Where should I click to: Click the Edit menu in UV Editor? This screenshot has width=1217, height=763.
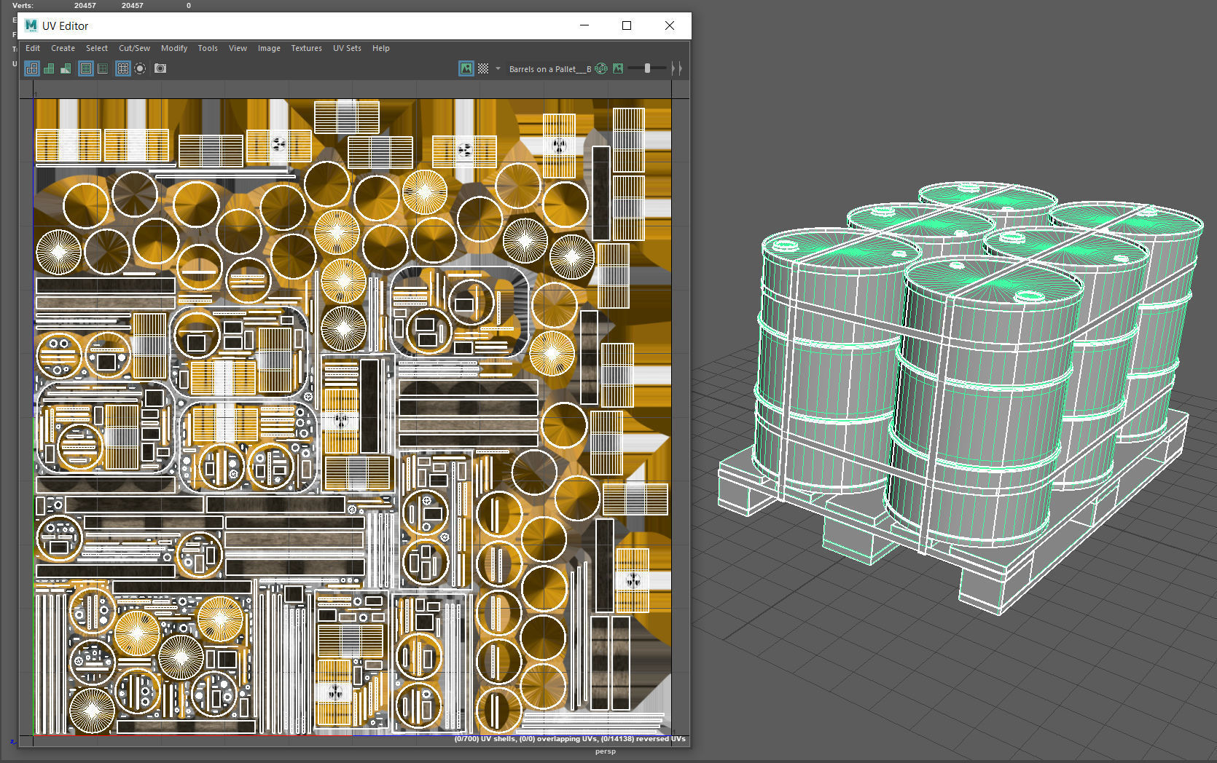33,48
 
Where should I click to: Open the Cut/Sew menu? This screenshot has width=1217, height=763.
134,48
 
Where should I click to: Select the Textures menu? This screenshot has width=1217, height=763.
306,48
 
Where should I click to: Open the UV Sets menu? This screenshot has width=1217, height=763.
347,48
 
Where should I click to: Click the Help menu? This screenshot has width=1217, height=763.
380,48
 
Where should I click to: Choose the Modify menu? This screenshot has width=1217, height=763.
174,48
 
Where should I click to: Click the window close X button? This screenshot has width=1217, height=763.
669,25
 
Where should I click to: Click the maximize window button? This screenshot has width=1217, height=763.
626,25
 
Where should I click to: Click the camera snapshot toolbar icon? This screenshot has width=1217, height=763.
160,68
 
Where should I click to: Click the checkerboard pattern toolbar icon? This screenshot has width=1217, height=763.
483,68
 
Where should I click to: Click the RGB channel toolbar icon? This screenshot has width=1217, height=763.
601,68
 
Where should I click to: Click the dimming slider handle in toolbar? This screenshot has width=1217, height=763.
647,68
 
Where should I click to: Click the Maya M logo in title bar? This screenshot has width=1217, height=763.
31,25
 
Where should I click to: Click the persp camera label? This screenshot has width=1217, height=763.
605,751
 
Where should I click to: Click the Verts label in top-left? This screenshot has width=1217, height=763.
23,5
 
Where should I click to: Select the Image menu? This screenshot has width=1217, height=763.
269,48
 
